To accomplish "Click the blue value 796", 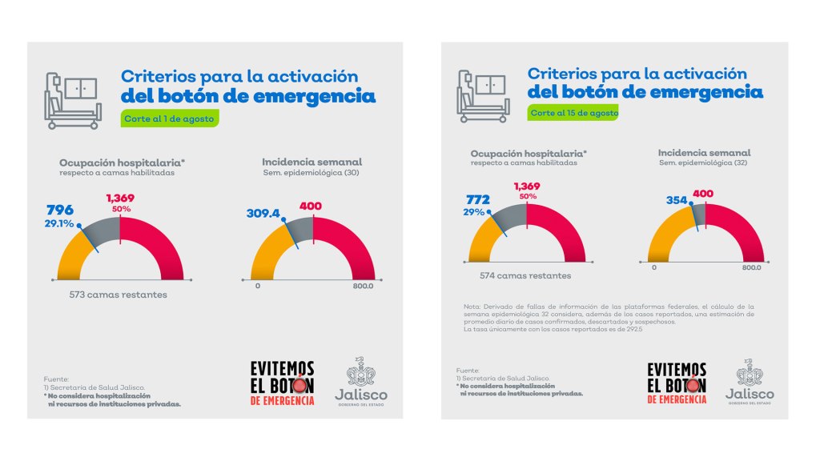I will tap(61, 210).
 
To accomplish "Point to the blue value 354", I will tap(677, 199).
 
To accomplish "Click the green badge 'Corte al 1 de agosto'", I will tap(169, 119).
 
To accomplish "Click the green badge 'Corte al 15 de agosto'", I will tap(573, 113).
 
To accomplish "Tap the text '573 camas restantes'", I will tap(119, 295).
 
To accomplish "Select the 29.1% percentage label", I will tap(60, 224).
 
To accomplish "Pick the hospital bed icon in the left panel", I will tap(72, 101).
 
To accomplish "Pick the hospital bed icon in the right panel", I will tap(482, 96).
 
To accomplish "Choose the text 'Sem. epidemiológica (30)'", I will tap(312, 173).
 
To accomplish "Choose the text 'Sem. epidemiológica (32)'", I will tap(704, 162).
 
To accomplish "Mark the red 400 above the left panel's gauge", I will tap(310, 206).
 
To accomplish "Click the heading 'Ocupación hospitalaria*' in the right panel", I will tap(529, 153).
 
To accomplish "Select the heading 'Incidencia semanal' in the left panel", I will tap(312, 162).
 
